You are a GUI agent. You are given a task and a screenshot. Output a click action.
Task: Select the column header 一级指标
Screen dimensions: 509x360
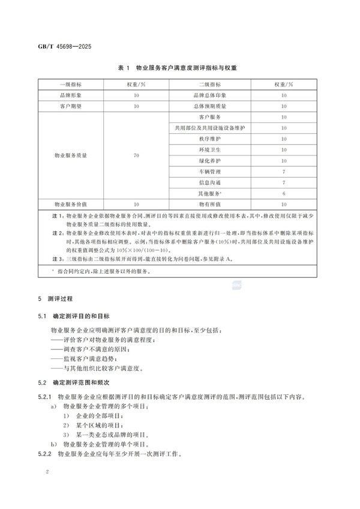[71, 84]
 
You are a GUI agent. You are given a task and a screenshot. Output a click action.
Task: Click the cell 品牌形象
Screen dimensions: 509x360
[71, 95]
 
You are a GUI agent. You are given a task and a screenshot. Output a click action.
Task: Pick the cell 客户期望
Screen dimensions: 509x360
[71, 106]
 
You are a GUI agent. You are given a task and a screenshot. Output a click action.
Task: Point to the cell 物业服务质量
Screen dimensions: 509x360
[71, 155]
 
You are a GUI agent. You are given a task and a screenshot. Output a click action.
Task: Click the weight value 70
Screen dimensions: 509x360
[136, 155]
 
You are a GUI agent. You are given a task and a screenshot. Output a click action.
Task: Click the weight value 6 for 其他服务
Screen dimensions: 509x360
[283, 193]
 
